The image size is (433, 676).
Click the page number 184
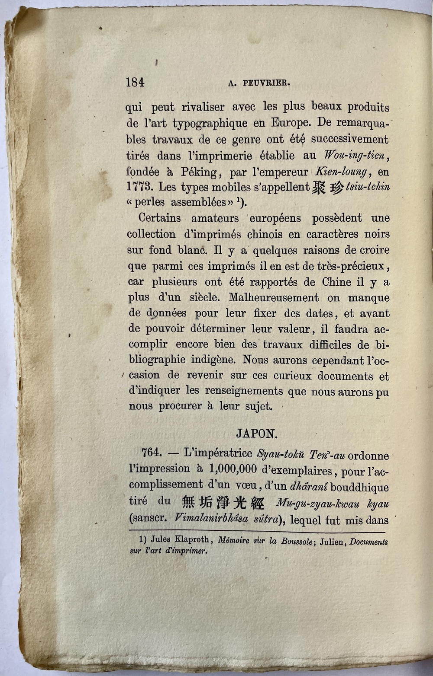pos(135,82)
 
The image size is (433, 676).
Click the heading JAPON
pos(257,434)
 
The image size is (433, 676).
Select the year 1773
pos(139,188)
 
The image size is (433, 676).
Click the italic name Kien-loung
pos(343,172)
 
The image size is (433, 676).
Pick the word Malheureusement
pos(274,298)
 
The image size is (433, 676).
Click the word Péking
pos(199,172)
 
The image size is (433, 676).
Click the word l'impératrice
pos(218,453)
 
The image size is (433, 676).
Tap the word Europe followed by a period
pos(291,123)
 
